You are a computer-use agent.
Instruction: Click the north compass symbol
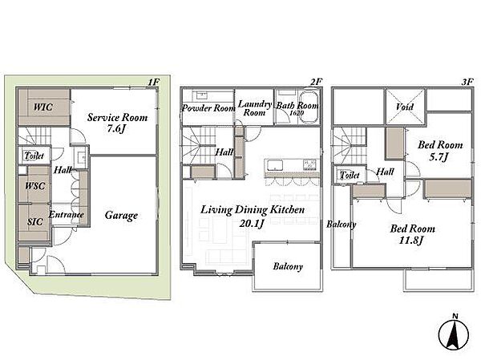[x=454, y=333]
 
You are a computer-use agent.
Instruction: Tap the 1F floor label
[x=154, y=82]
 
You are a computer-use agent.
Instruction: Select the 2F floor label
[x=316, y=82]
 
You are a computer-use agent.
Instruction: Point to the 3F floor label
[x=467, y=82]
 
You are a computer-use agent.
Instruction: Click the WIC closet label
[x=43, y=107]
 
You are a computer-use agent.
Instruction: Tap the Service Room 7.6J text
[x=117, y=123]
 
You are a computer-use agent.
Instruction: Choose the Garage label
[x=121, y=216]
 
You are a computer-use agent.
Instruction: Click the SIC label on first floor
[x=35, y=221]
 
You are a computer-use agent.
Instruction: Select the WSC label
[x=35, y=186]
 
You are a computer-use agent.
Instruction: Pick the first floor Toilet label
[x=34, y=156]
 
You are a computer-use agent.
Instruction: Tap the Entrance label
[x=67, y=214]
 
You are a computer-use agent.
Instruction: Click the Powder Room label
[x=208, y=108]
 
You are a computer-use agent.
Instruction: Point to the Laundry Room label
[x=255, y=108]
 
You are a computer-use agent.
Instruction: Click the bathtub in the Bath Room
[x=309, y=106]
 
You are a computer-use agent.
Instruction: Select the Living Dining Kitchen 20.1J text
[x=253, y=216]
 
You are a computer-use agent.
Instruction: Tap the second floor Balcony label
[x=288, y=266]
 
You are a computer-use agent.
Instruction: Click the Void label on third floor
[x=405, y=107]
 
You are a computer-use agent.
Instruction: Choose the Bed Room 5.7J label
[x=440, y=151]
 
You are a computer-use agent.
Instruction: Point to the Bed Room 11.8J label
[x=412, y=234]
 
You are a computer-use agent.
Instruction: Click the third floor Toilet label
[x=350, y=176]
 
